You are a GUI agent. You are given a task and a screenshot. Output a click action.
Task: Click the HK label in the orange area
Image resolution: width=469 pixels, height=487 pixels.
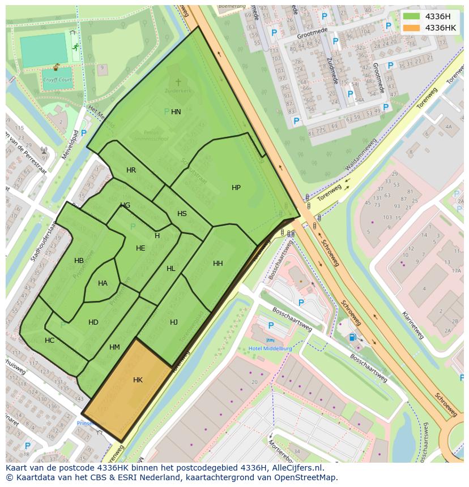(x=138, y=380)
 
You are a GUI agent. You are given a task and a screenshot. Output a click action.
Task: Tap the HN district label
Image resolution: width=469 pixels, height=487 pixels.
(x=176, y=112)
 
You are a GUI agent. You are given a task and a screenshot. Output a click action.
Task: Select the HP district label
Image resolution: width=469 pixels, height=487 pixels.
(x=236, y=188)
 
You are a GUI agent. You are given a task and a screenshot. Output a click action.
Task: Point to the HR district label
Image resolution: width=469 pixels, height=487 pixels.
(x=131, y=170)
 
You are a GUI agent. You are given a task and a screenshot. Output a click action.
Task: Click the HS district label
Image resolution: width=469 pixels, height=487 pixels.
(x=182, y=214)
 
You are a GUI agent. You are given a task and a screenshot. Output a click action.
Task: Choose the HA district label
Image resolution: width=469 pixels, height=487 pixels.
(x=103, y=283)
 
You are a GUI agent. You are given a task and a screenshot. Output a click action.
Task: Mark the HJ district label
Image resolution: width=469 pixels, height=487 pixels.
(x=174, y=322)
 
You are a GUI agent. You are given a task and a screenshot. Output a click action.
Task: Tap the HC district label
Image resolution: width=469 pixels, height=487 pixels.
(x=50, y=341)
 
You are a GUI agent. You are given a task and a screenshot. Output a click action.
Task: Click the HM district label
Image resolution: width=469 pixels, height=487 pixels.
(x=114, y=347)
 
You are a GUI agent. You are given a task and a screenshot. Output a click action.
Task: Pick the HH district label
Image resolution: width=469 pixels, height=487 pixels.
(x=218, y=264)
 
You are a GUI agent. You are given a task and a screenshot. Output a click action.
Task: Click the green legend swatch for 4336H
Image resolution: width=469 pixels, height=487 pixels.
(x=411, y=16)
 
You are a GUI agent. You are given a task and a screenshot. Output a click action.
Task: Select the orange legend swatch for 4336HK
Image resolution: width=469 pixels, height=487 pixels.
(x=411, y=28)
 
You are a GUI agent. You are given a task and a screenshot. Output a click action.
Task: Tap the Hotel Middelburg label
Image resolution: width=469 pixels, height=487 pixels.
(x=271, y=348)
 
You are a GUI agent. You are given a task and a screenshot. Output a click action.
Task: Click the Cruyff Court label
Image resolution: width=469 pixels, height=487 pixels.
(x=57, y=80)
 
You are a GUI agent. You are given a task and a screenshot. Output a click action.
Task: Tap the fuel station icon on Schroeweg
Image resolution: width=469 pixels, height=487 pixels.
(x=353, y=337)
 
